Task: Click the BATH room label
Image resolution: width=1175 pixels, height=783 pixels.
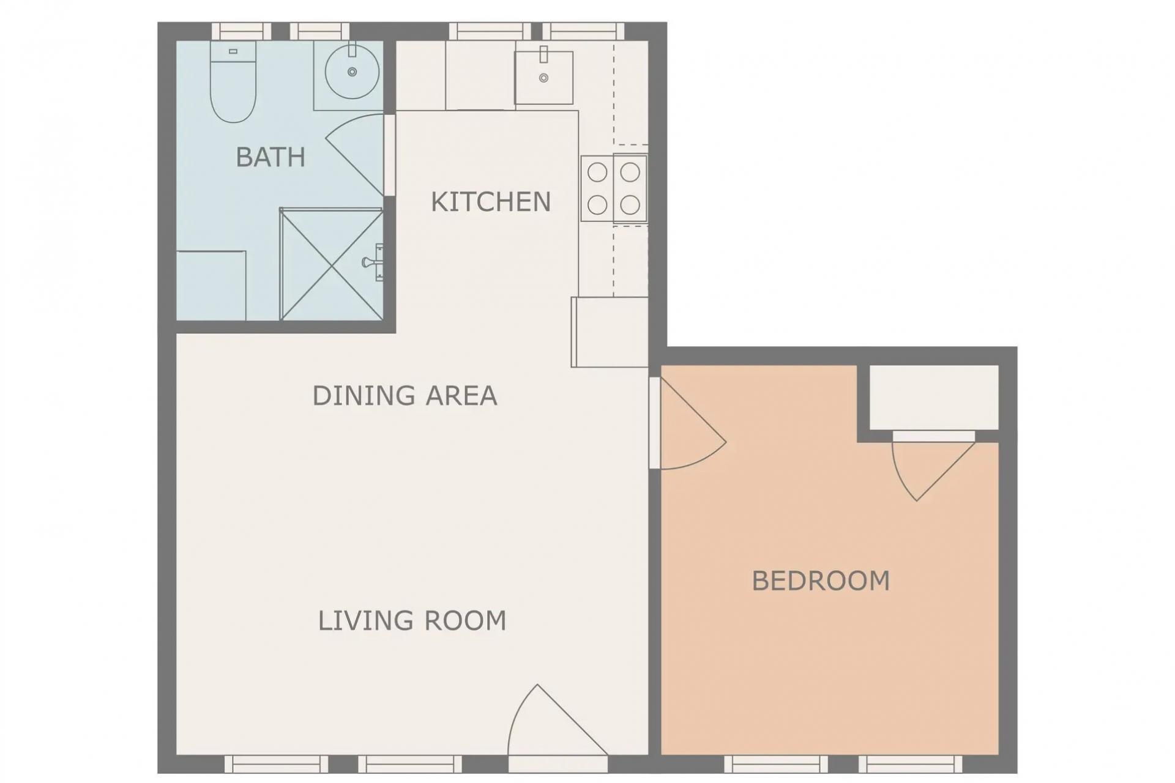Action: pyautogui.click(x=270, y=157)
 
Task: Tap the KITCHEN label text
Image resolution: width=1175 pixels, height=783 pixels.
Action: pyautogui.click(x=491, y=202)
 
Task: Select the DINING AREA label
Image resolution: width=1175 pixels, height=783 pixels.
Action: pyautogui.click(x=405, y=396)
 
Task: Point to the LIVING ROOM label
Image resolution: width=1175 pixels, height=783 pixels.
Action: pyautogui.click(x=412, y=621)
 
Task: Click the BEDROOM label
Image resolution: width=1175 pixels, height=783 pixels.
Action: pyautogui.click(x=821, y=581)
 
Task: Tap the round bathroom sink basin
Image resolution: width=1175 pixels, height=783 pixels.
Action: pyautogui.click(x=351, y=72)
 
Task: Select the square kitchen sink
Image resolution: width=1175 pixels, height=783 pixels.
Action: pyautogui.click(x=543, y=78)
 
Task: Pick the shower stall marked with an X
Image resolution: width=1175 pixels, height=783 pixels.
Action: pyautogui.click(x=331, y=264)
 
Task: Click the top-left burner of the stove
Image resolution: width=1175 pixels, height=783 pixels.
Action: pyautogui.click(x=597, y=173)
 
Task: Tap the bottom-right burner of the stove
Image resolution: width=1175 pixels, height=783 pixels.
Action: pyautogui.click(x=630, y=204)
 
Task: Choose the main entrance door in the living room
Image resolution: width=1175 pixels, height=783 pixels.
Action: pyautogui.click(x=551, y=728)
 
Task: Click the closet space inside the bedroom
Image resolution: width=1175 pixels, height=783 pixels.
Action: pyautogui.click(x=934, y=397)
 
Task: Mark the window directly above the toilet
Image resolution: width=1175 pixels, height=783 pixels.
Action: pyautogui.click(x=241, y=31)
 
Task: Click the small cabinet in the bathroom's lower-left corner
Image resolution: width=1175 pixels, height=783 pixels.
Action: pyautogui.click(x=211, y=285)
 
